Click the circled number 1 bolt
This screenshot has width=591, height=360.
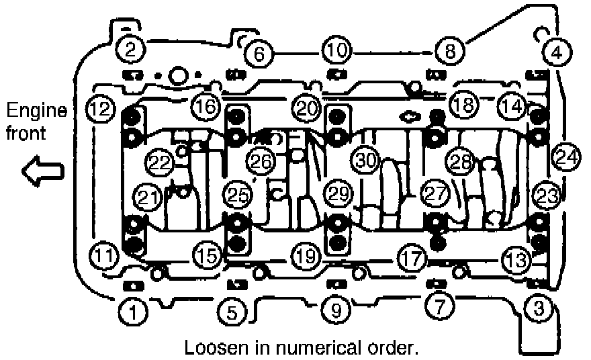(133, 310)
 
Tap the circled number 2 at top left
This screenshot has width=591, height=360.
(130, 48)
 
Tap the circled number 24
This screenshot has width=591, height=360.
(566, 158)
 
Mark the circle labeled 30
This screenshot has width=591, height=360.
(367, 161)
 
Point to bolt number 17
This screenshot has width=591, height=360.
(411, 257)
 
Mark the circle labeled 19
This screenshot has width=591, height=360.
(306, 256)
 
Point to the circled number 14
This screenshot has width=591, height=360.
(512, 105)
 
